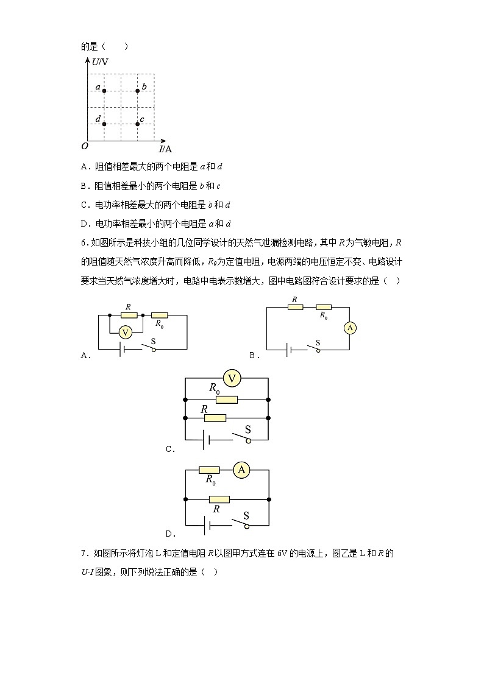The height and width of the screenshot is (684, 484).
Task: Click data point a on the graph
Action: (x=104, y=91)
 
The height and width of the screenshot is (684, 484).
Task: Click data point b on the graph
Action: (x=138, y=91)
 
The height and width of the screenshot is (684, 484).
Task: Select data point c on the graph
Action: (x=138, y=124)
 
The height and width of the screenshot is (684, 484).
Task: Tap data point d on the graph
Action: (x=104, y=124)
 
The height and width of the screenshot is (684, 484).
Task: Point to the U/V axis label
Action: (x=100, y=62)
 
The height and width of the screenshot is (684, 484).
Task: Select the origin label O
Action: (x=85, y=146)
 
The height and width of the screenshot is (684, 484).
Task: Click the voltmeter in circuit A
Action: (x=126, y=332)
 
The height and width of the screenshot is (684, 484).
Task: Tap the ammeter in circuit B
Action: (x=350, y=328)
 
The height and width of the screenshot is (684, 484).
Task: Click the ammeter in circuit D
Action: (x=242, y=470)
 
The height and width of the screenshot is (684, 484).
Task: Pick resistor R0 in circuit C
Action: (x=227, y=400)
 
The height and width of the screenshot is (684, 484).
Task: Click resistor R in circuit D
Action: (x=219, y=499)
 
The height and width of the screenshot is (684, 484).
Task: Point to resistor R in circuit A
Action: (x=129, y=315)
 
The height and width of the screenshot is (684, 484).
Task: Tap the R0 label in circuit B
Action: (x=323, y=317)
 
